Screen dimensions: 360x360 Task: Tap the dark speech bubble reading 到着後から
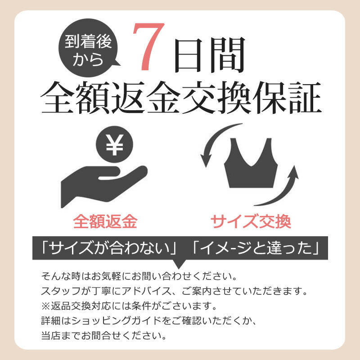point(88,48)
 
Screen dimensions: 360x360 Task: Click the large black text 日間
point(209,54)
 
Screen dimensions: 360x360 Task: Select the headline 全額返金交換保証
point(181,97)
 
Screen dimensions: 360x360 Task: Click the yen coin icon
point(114,144)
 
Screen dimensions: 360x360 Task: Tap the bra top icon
point(251,163)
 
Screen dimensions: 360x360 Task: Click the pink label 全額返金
point(105,221)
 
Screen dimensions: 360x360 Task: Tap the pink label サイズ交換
point(251,221)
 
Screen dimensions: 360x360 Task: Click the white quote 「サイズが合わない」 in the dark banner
point(108,248)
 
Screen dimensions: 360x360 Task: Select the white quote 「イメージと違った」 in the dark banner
point(256,248)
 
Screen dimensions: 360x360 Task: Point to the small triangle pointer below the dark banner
point(179,264)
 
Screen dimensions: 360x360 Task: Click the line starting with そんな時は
point(139,276)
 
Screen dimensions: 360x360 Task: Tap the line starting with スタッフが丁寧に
point(174,291)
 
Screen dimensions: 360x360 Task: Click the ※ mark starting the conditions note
point(45,306)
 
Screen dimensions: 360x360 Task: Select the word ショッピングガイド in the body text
point(116,321)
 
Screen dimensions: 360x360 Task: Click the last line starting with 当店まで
point(104,336)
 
